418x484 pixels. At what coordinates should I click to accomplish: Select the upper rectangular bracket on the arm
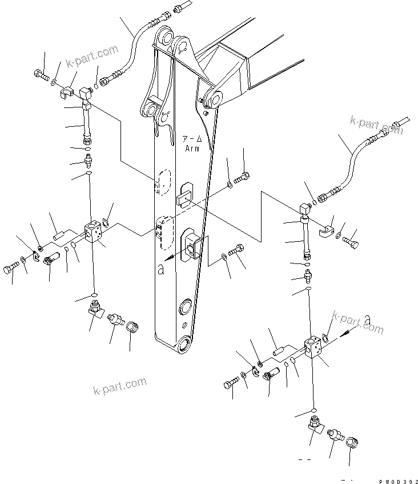coord(186,195)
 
